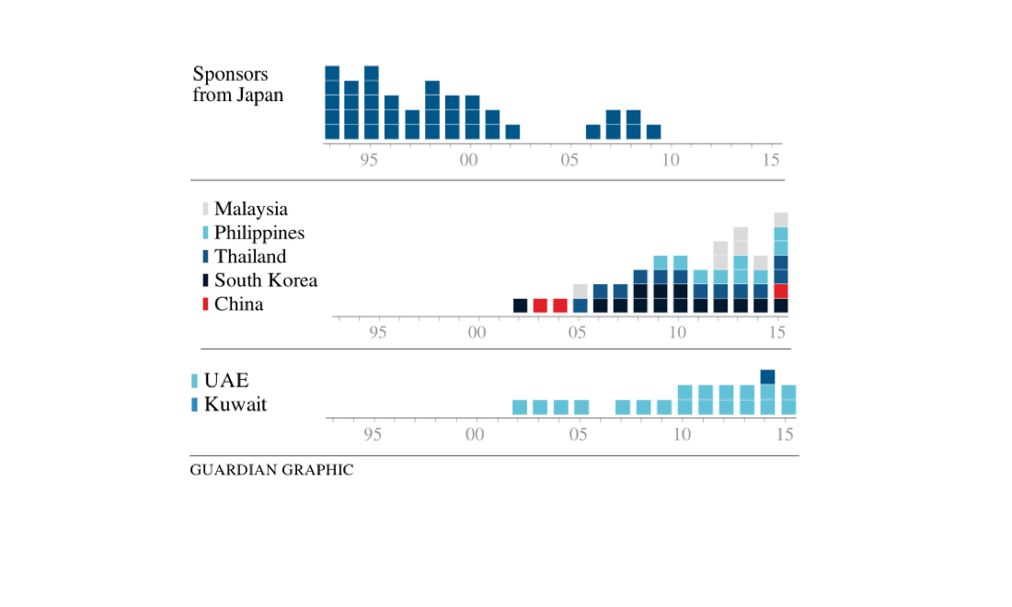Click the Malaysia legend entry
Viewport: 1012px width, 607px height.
(250, 210)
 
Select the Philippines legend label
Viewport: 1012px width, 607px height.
(259, 234)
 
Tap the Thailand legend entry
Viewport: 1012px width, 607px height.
(249, 257)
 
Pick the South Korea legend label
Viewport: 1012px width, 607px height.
(265, 281)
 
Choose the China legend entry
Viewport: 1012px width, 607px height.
(238, 304)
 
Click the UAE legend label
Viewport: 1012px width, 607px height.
(226, 381)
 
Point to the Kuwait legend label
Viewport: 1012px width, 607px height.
(235, 405)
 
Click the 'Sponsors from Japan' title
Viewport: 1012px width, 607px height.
(237, 84)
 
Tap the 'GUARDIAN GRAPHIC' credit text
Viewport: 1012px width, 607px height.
(271, 470)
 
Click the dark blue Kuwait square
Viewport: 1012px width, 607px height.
(767, 376)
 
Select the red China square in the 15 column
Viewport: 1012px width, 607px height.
(780, 291)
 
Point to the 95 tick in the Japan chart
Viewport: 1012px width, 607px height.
(369, 159)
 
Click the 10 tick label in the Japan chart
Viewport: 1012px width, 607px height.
(671, 159)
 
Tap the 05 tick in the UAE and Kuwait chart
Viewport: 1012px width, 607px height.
(578, 434)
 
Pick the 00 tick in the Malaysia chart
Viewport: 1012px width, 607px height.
(476, 332)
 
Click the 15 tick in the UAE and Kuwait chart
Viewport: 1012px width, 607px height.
(784, 434)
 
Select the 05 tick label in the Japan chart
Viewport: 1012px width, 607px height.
(569, 159)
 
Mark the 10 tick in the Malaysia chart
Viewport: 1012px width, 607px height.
(678, 332)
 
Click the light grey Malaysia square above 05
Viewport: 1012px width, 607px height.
(580, 291)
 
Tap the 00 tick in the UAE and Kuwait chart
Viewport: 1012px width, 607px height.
(475, 434)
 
